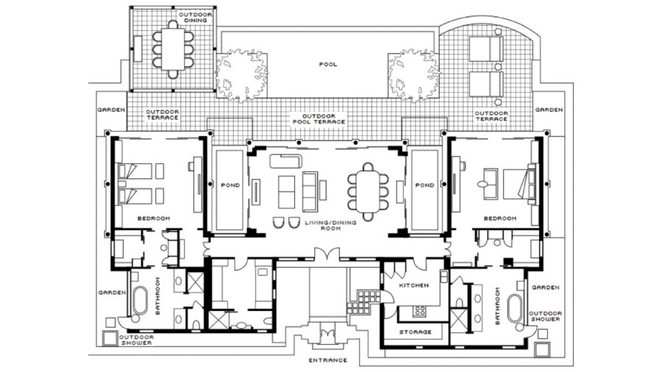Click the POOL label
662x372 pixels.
click(x=328, y=65)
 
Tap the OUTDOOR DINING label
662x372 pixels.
click(x=196, y=18)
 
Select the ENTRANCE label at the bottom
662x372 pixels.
click(x=328, y=360)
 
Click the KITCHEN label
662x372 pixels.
click(x=414, y=285)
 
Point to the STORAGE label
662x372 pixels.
click(x=416, y=332)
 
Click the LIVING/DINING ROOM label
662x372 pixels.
click(x=330, y=225)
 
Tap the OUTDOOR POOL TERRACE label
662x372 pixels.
click(x=319, y=119)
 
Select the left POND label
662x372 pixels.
click(x=230, y=185)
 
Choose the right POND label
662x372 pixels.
click(x=424, y=185)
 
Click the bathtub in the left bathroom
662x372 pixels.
click(x=140, y=300)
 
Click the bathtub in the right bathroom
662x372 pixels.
click(x=514, y=308)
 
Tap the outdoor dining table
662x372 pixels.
click(x=173, y=49)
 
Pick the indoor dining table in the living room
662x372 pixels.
click(x=368, y=192)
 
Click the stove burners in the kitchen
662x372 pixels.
click(x=419, y=311)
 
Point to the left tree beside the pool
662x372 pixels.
click(x=241, y=76)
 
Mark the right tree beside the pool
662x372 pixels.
click(x=413, y=76)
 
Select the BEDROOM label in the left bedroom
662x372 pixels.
click(x=154, y=218)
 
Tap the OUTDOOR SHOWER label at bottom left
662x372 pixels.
click(x=137, y=340)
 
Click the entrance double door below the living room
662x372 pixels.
click(x=327, y=254)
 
